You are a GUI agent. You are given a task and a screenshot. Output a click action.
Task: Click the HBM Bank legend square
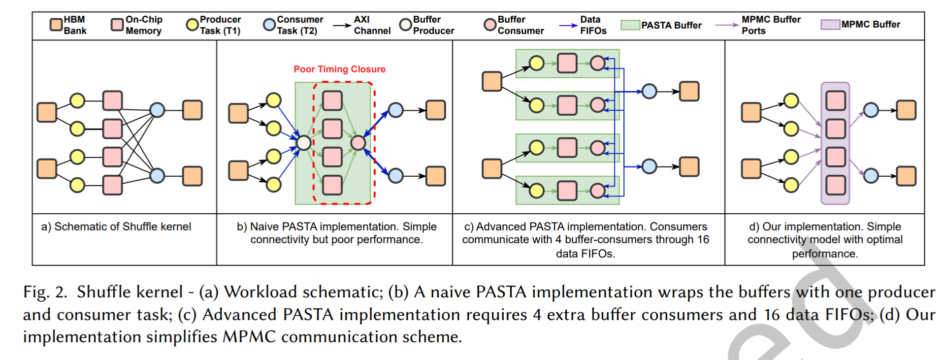[56, 24]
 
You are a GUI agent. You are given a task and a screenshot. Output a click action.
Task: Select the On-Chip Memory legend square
[117, 25]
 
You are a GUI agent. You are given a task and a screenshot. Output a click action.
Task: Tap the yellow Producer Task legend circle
[192, 25]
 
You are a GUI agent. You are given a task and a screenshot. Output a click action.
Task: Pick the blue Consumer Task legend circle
[269, 25]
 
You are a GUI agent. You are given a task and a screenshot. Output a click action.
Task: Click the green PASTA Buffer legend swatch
[630, 25]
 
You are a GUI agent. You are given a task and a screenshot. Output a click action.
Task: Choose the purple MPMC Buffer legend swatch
[830, 25]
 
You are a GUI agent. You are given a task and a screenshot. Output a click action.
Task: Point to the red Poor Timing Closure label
[339, 69]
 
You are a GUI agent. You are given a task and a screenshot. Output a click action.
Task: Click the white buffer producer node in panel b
[304, 143]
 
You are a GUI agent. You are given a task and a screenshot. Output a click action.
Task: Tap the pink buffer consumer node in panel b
[358, 143]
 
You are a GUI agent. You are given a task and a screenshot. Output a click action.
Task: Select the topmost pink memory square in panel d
[835, 100]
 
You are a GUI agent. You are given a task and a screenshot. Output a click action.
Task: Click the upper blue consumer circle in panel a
[157, 109]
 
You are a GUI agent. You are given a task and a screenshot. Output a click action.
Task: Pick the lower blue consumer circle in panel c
[650, 166]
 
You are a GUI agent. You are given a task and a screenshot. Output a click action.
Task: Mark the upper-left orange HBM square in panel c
[492, 81]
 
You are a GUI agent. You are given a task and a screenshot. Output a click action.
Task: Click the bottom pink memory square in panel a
[112, 185]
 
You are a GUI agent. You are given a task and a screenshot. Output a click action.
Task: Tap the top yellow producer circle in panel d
[791, 100]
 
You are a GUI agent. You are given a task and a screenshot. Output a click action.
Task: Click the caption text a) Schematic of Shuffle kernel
[116, 227]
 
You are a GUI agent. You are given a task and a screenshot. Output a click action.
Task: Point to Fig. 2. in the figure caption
[45, 292]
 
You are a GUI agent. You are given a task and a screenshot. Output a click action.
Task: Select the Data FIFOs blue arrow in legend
[568, 25]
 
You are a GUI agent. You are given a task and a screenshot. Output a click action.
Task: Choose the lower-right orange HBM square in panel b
[435, 176]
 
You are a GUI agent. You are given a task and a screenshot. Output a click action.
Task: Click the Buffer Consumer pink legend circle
[489, 25]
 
